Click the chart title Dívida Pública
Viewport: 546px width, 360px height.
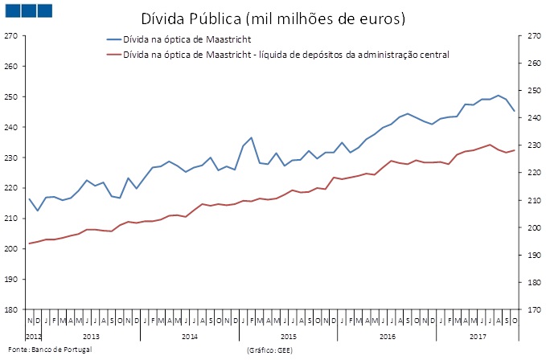(x=186, y=17)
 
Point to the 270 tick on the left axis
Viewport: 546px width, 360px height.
(x=10, y=36)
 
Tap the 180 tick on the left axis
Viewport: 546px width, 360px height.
(x=10, y=309)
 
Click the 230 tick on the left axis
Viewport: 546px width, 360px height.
(x=10, y=157)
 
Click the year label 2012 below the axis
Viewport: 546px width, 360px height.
(x=33, y=335)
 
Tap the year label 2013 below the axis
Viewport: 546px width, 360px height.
(x=91, y=335)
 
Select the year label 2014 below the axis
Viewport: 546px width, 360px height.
(x=190, y=335)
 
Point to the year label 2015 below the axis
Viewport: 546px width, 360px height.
(x=289, y=335)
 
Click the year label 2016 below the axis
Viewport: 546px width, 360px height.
(x=388, y=335)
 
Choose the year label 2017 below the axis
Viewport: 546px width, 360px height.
(x=478, y=335)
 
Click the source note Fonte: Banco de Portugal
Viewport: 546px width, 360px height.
(x=47, y=350)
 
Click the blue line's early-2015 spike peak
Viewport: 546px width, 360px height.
(x=251, y=137)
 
